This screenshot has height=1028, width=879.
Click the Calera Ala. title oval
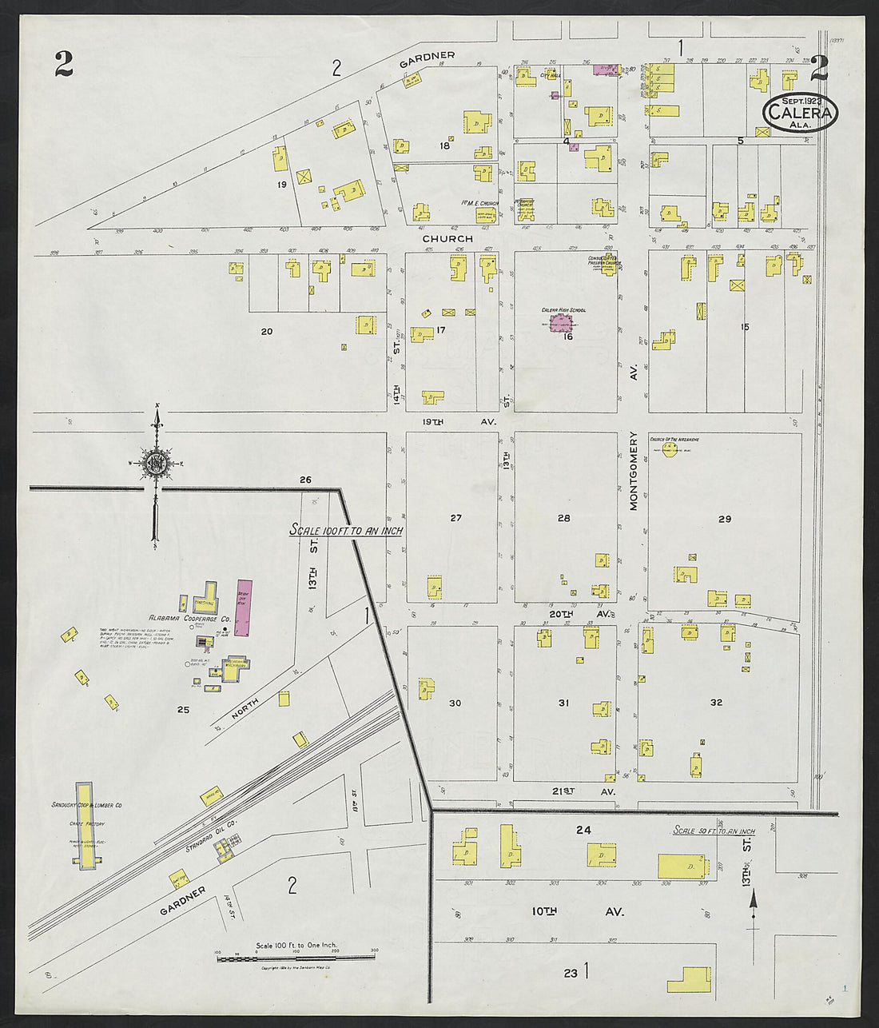tap(800, 114)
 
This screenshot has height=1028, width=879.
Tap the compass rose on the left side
tap(156, 463)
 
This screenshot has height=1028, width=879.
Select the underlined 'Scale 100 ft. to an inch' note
tap(345, 531)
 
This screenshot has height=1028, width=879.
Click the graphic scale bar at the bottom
tap(296, 958)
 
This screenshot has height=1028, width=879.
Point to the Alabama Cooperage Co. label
tap(189, 619)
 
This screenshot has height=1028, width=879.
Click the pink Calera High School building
tap(564, 324)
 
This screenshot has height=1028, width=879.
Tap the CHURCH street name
tap(447, 238)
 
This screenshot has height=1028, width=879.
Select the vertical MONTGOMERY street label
tap(634, 471)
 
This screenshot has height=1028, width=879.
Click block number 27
tap(455, 518)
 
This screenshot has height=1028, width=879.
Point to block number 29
tap(724, 519)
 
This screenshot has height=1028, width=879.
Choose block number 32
tap(716, 703)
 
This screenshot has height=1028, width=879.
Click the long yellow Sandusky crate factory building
tap(84, 825)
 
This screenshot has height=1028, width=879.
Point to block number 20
tap(267, 331)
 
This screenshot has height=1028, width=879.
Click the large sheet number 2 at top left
tap(65, 64)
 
